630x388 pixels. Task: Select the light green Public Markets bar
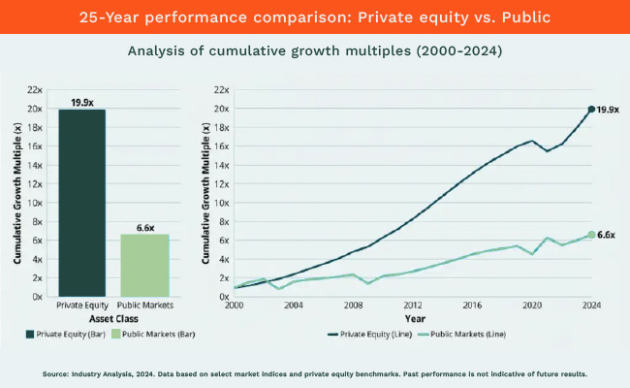click(x=143, y=265)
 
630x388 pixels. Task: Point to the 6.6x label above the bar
click(x=143, y=227)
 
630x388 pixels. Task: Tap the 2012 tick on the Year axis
click(x=412, y=304)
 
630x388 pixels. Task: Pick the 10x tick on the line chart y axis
click(x=220, y=202)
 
